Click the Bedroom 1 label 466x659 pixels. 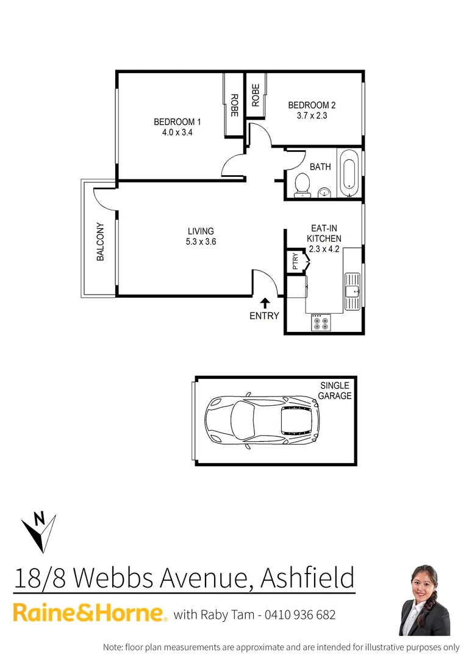tap(177, 122)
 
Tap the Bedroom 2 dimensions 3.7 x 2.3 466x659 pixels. tap(312, 115)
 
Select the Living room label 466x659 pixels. tap(201, 231)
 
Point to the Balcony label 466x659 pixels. tap(101, 242)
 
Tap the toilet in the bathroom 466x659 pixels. tap(302, 185)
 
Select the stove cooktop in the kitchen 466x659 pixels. tap(321, 323)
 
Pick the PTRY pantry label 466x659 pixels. tap(296, 262)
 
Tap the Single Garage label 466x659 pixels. tap(335, 391)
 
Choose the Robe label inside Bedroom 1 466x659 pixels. tap(234, 106)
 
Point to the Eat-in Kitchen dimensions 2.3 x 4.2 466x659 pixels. tap(324, 249)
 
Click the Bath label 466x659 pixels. tap(320, 167)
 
